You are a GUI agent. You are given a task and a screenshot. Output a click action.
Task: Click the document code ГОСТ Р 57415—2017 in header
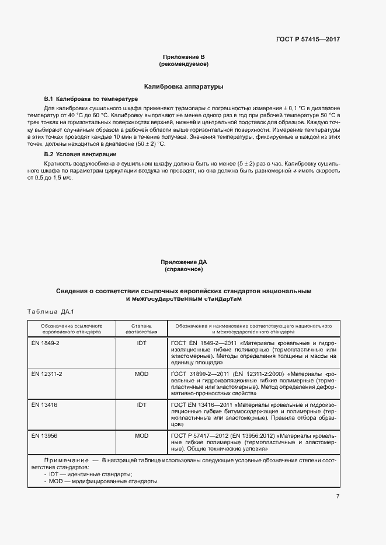308,39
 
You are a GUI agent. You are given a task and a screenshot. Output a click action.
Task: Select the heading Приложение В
184,57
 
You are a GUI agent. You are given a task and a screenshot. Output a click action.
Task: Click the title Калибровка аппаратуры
184,86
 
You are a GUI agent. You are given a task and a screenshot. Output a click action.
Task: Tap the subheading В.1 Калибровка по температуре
91,100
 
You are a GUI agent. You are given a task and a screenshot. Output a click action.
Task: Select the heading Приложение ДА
184,263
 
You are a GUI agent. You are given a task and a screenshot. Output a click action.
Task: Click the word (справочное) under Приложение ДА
184,270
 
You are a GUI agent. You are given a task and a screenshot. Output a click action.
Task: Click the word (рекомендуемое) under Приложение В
184,64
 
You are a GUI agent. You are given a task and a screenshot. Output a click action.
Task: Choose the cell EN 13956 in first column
44,435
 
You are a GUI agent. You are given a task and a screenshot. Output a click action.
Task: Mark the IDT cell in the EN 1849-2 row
141,343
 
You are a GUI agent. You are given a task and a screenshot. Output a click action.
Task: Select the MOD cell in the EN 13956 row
141,435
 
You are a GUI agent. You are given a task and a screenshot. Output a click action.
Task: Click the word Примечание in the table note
64,460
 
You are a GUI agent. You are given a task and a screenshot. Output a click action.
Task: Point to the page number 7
338,496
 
